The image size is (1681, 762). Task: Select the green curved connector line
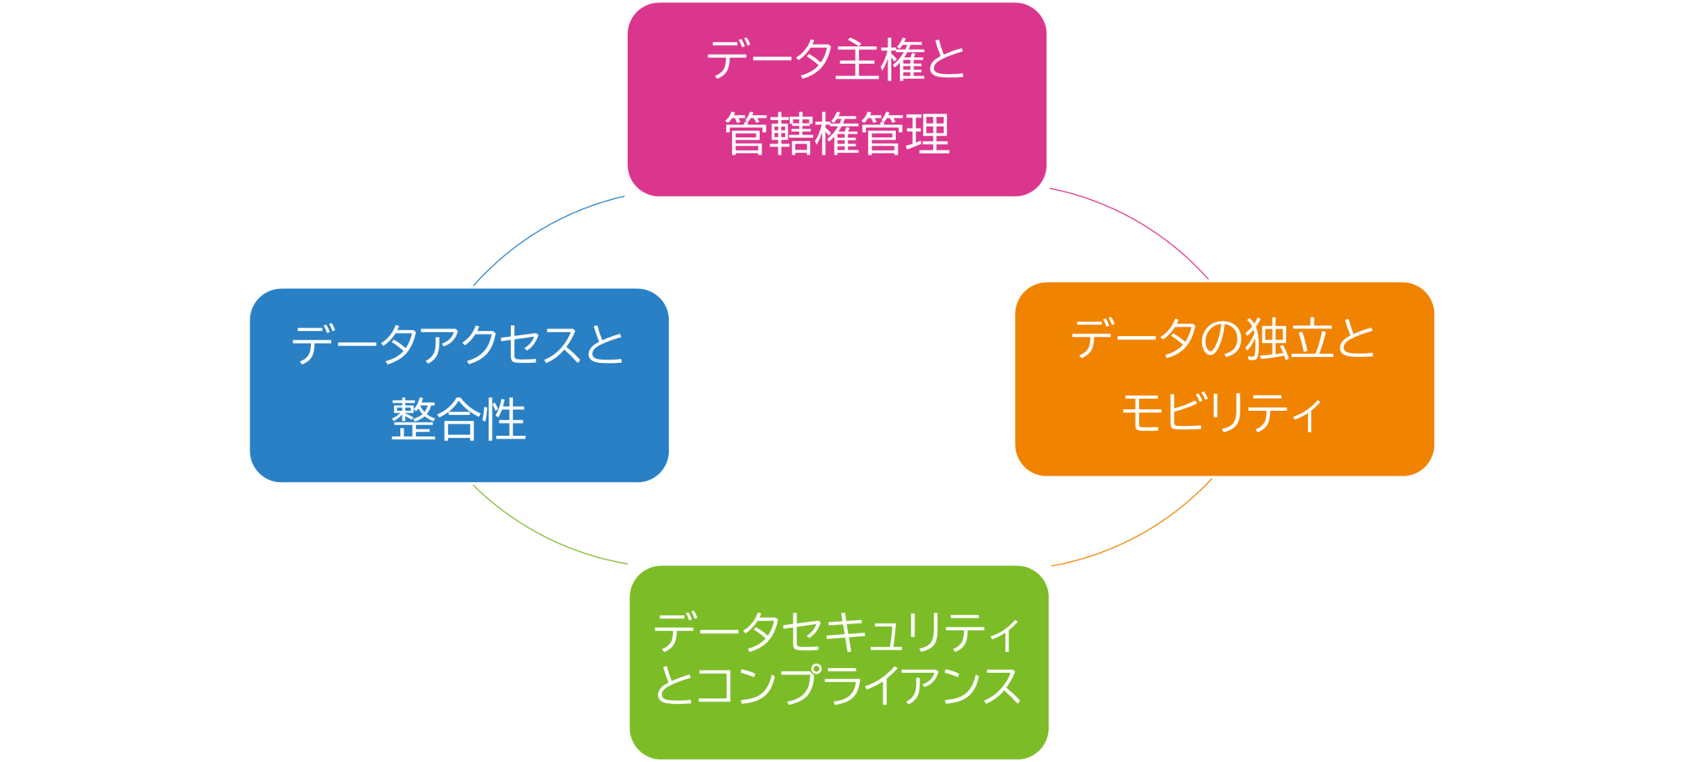click(538, 534)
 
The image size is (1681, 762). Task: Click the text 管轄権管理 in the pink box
click(837, 134)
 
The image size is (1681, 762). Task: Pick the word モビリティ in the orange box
click(1222, 413)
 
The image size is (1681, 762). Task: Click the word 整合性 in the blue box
click(459, 419)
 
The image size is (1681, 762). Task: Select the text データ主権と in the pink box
click(836, 60)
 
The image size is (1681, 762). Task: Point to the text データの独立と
click(1223, 340)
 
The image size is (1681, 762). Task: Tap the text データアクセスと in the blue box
click(458, 345)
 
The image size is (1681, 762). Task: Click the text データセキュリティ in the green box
click(837, 632)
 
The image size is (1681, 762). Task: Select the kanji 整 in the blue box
click(414, 419)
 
